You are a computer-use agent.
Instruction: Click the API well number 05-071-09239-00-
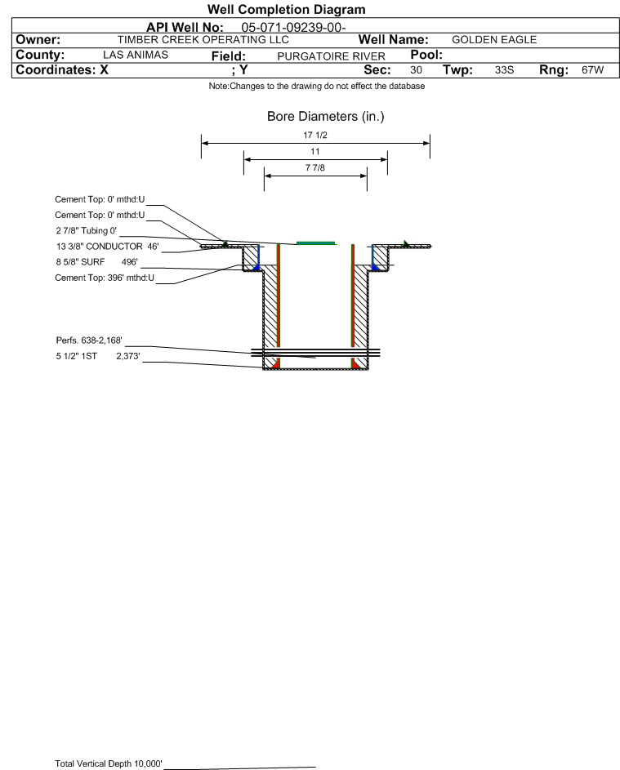coord(293,28)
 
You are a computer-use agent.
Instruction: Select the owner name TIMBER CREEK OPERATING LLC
coord(203,40)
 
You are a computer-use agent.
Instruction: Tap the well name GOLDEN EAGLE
coord(494,40)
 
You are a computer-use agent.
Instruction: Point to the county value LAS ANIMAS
coord(136,55)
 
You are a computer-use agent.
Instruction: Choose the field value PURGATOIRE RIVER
coord(331,56)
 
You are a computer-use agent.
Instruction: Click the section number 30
coord(416,69)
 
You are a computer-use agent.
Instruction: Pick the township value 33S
coord(504,69)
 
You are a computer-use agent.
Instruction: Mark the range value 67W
coord(592,69)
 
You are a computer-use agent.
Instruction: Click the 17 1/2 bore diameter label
coord(315,135)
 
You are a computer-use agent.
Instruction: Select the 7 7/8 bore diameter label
coord(315,168)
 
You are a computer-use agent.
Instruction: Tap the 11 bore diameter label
coord(315,151)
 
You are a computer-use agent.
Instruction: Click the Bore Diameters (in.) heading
coord(326,117)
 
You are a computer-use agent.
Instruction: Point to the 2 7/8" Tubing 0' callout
coord(87,230)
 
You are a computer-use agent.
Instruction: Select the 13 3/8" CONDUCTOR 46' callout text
coord(108,246)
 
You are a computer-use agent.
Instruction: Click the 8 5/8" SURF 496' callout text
coord(96,262)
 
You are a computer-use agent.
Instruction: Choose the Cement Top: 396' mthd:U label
coord(105,278)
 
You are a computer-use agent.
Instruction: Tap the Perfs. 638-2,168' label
coord(89,340)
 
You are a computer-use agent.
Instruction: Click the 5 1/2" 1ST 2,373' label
coord(98,356)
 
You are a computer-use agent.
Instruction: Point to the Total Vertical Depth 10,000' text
coord(109,763)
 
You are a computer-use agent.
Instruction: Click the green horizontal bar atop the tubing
coord(315,243)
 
